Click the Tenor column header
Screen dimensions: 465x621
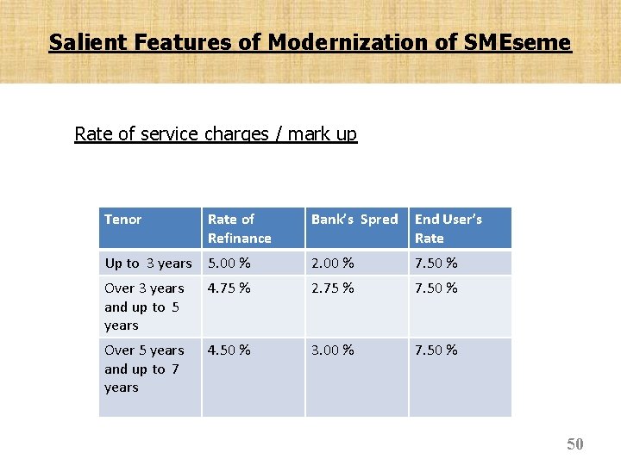click(x=122, y=220)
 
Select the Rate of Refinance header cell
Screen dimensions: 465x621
click(x=239, y=228)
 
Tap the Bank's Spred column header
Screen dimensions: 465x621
click(x=354, y=220)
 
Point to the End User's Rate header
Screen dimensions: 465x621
click(x=448, y=228)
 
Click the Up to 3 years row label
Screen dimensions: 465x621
click(x=148, y=263)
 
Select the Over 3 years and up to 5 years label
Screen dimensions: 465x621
click(x=144, y=307)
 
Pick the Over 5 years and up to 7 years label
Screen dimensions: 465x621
click(x=144, y=369)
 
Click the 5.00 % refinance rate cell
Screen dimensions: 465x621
click(x=229, y=263)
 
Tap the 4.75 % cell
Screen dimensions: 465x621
click(x=229, y=288)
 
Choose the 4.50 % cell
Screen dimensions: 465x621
click(x=229, y=350)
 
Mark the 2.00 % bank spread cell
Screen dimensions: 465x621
click(x=332, y=263)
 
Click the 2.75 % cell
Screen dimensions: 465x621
click(x=332, y=288)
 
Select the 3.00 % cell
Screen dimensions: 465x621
click(x=332, y=350)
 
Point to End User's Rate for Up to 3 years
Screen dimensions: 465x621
click(x=436, y=263)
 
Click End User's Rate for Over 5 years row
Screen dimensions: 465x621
click(x=436, y=350)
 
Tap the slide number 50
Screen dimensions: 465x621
click(x=574, y=444)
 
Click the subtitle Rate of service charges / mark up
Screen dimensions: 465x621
click(x=216, y=134)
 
